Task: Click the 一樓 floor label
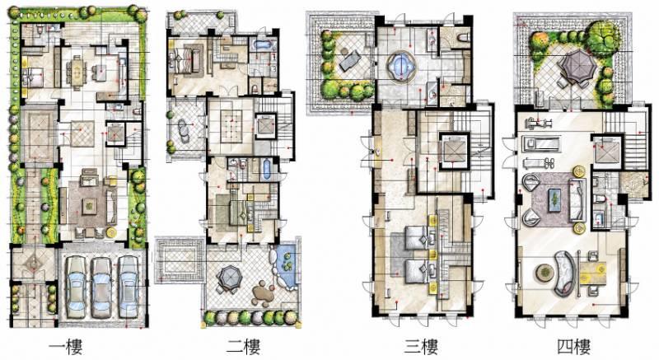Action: tap(66, 346)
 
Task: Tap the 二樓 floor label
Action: tap(243, 346)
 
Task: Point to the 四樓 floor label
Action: tap(574, 346)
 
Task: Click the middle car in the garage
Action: tap(101, 288)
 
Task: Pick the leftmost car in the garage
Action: tap(77, 288)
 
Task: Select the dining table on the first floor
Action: tap(77, 72)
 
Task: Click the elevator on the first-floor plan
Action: tap(115, 133)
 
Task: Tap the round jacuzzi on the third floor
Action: tap(400, 67)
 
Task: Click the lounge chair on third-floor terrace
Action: tap(348, 59)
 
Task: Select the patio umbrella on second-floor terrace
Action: tap(229, 278)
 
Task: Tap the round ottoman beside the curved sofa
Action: tap(544, 273)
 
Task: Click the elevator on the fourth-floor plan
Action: tap(605, 152)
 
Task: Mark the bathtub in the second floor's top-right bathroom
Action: tap(263, 45)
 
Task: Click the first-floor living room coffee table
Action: tap(90, 206)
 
